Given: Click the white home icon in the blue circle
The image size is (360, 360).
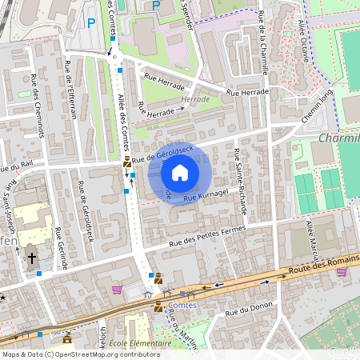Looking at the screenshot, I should click(x=180, y=173).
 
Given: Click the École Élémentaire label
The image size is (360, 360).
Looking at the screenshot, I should click(x=142, y=342).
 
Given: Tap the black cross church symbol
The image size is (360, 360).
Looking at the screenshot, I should click(x=32, y=258).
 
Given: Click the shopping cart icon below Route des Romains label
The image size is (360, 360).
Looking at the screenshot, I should click(x=342, y=271).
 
